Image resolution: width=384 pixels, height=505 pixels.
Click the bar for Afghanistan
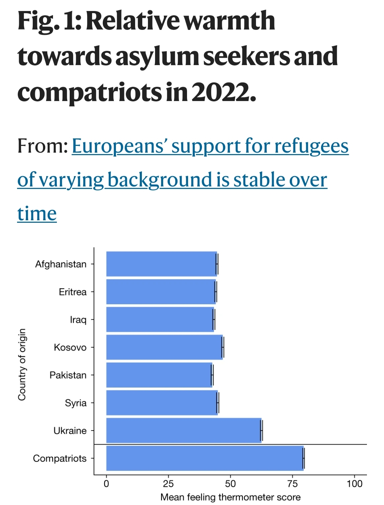coord(161,264)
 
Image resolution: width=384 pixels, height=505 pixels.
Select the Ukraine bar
coord(183,430)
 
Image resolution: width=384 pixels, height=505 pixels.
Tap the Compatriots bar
coord(204,458)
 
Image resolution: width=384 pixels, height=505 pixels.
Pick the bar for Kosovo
coord(164,347)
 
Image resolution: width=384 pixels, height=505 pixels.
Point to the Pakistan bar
coord(159,375)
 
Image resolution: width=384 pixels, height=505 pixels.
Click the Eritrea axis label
coord(73,292)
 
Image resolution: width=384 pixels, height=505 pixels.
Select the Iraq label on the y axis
coord(78,320)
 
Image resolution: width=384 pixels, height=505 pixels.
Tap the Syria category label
coord(75,403)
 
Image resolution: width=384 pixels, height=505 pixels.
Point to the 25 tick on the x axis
coord(168,484)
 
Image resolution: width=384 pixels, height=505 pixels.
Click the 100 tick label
coord(354,484)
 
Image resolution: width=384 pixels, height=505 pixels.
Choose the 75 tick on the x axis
coord(292,484)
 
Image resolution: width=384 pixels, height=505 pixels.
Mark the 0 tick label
coord(106,484)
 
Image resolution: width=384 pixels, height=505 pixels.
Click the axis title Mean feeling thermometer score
coord(230,497)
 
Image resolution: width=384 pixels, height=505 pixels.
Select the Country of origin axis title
coord(22,364)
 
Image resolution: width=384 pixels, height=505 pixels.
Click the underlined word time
coord(37,214)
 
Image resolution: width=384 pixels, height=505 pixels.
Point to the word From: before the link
coord(43,146)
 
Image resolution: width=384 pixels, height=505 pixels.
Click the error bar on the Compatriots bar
coord(304,458)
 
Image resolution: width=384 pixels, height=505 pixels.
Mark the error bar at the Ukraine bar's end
coord(262,431)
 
